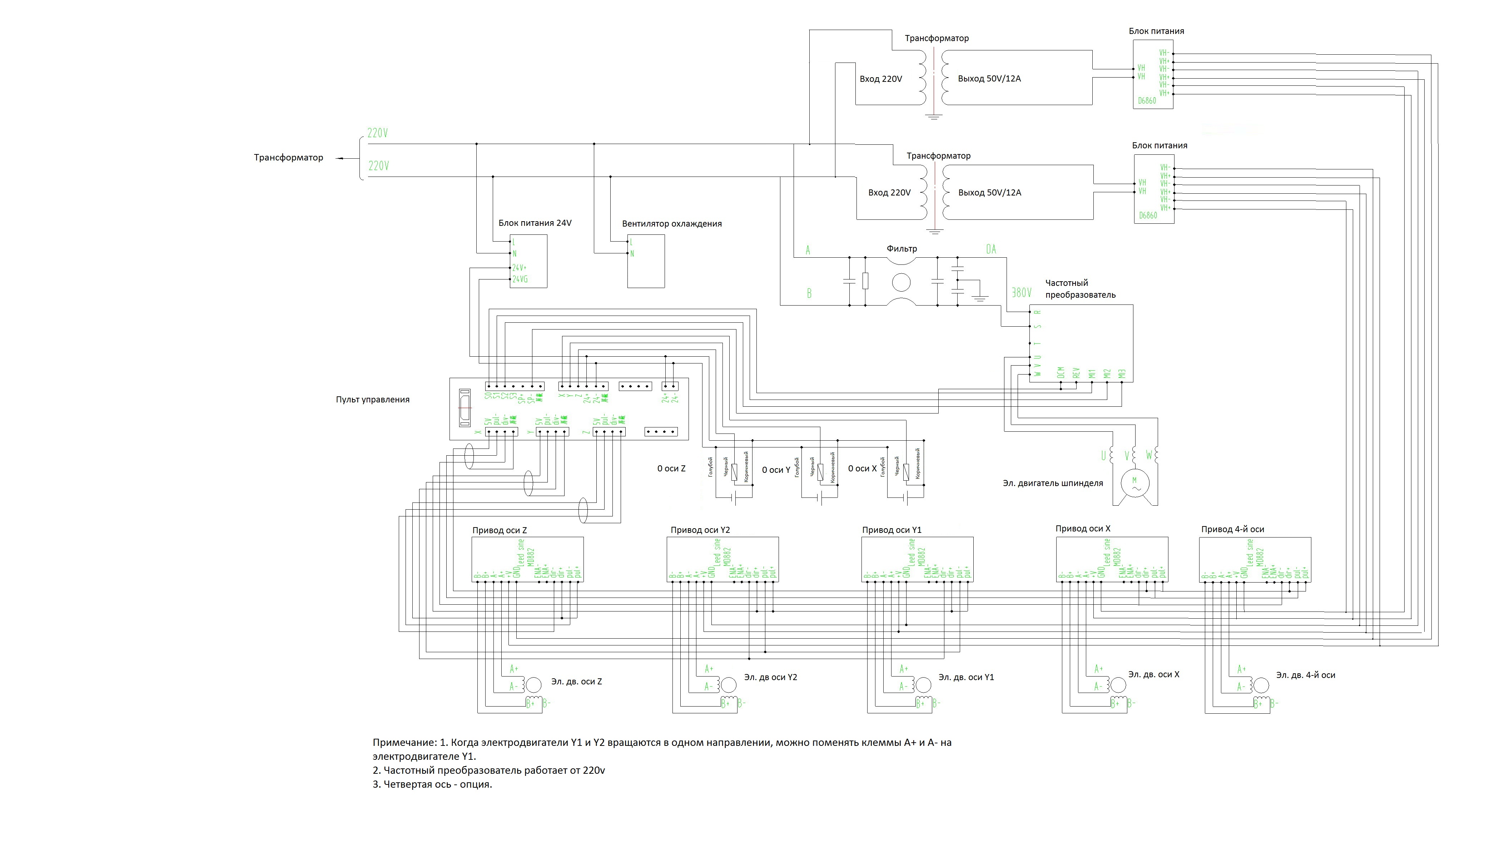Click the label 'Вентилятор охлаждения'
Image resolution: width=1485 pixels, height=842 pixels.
[x=672, y=224]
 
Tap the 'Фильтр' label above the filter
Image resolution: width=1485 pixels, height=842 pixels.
[x=902, y=249]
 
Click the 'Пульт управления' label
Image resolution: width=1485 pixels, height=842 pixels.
[x=372, y=400]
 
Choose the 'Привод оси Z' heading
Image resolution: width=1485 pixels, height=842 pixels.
[x=500, y=530]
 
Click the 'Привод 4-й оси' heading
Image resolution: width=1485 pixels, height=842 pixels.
[x=1232, y=529]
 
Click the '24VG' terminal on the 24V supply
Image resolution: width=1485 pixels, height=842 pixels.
[x=520, y=279]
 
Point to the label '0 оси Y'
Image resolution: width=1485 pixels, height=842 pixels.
[x=776, y=470]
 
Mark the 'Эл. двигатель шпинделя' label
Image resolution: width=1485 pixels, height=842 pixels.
[x=1053, y=484]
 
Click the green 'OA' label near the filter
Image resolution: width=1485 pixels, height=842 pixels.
[x=991, y=249]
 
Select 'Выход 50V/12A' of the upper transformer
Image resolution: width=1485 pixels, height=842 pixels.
[x=989, y=79]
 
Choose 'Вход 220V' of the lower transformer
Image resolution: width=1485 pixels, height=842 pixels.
[x=889, y=193]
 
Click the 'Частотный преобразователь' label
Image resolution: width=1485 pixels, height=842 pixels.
[x=1080, y=288]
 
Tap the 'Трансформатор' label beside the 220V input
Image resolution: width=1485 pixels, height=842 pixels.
[x=288, y=157]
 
